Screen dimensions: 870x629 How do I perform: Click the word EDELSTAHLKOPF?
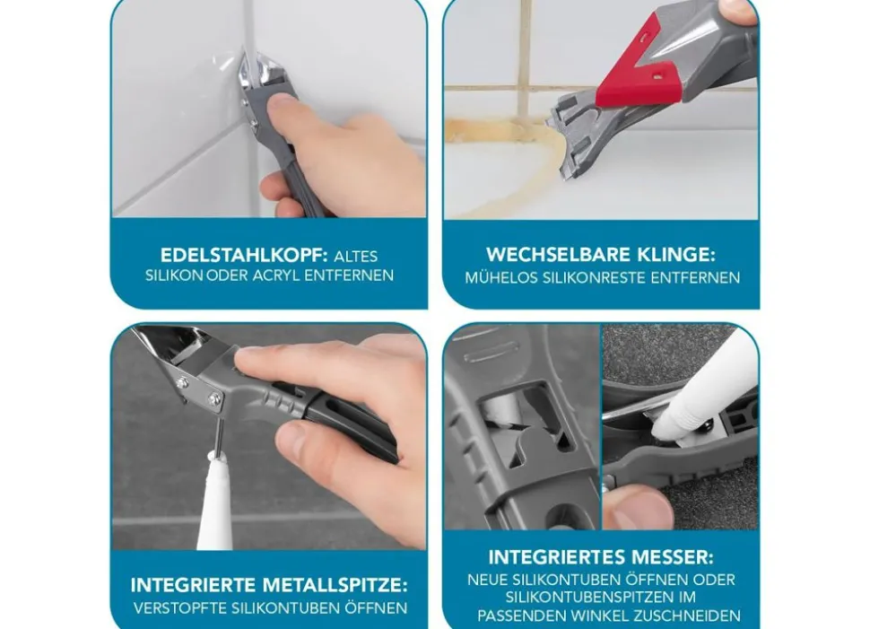pos(244,256)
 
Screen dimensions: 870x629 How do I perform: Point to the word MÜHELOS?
pos(501,277)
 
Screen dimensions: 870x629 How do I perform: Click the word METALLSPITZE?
pos(335,585)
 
